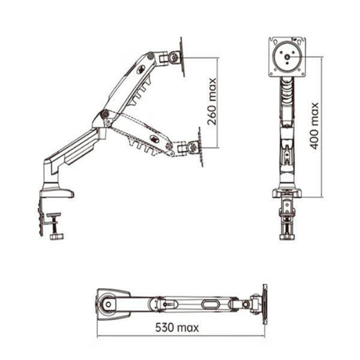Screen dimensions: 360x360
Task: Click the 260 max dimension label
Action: [212, 102]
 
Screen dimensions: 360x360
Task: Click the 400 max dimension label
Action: [314, 126]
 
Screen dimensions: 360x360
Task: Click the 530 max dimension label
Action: [177, 328]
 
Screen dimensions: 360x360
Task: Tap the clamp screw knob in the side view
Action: [56, 236]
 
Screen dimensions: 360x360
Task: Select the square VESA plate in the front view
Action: [287, 57]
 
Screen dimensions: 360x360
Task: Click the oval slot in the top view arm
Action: [209, 304]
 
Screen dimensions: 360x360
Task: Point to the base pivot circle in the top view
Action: [108, 304]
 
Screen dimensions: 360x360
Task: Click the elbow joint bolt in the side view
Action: [105, 113]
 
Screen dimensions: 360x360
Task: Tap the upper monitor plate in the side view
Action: [182, 57]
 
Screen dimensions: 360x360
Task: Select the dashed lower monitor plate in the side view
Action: [200, 147]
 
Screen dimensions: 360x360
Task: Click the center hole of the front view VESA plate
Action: [287, 57]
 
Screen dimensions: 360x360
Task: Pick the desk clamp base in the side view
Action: [57, 192]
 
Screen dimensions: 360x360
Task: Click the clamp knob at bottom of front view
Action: [287, 237]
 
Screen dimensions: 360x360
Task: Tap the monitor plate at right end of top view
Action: [265, 304]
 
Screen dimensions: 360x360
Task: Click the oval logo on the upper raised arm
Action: [140, 70]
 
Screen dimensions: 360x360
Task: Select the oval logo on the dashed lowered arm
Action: [154, 138]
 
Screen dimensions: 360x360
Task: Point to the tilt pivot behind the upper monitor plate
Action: [174, 57]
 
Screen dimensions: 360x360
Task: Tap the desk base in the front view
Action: [287, 193]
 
